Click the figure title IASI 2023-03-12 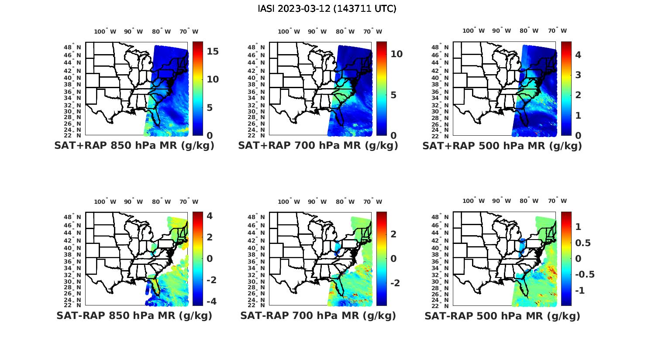tap(327, 9)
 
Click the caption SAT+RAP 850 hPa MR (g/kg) tap(134, 146)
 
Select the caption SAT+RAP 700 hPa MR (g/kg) tap(318, 146)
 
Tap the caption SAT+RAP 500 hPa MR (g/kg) tap(502, 146)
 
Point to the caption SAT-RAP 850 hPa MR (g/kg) tap(134, 315)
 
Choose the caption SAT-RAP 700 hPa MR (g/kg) tap(318, 315)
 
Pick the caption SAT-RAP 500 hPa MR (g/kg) tap(502, 316)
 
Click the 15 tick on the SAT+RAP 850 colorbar tap(213, 51)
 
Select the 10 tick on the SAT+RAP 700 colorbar tap(396, 54)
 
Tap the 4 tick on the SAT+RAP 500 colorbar tap(578, 55)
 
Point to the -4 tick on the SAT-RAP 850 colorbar tap(210, 301)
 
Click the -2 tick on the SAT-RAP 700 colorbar tap(394, 283)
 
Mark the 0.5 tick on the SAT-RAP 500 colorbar tap(584, 243)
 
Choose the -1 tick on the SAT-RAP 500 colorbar tap(580, 291)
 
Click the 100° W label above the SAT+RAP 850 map tap(105, 31)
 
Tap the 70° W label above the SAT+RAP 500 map tap(558, 31)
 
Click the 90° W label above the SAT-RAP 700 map tap(317, 202)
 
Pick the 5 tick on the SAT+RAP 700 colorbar tap(393, 95)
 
